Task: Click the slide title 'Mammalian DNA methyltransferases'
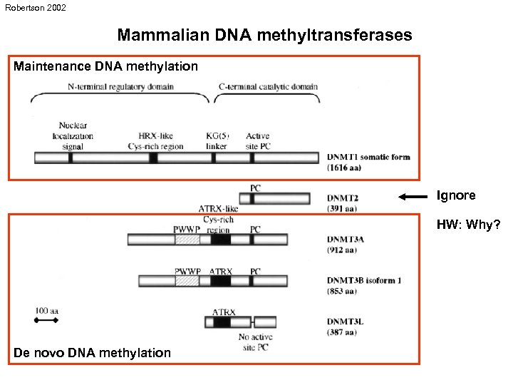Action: click(264, 35)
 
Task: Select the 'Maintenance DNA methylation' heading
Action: click(106, 66)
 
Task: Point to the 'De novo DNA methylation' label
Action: click(93, 352)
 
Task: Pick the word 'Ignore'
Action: click(456, 195)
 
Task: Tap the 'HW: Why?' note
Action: click(468, 225)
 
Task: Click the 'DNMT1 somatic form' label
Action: click(368, 157)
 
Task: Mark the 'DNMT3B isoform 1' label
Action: click(364, 280)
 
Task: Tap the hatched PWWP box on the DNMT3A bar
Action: click(187, 240)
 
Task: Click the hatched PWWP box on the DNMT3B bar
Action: click(187, 281)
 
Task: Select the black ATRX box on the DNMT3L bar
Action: click(222, 322)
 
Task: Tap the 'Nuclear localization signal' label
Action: click(73, 135)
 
